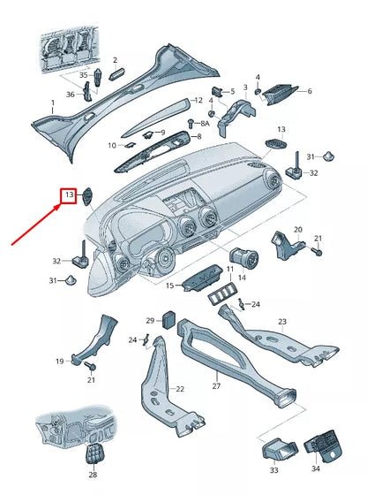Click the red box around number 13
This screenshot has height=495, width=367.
[x=68, y=196]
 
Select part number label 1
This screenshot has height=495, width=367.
[x=51, y=103]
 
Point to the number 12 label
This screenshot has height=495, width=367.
[x=198, y=101]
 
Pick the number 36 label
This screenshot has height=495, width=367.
[x=71, y=95]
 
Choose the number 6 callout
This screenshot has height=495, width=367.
[x=309, y=90]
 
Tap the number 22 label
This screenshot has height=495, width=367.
[x=180, y=389]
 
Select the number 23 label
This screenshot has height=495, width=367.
[x=282, y=321]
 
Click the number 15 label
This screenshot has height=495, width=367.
[x=170, y=286]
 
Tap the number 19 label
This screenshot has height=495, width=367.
[x=60, y=361]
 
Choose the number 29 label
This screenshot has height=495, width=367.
[x=150, y=320]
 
